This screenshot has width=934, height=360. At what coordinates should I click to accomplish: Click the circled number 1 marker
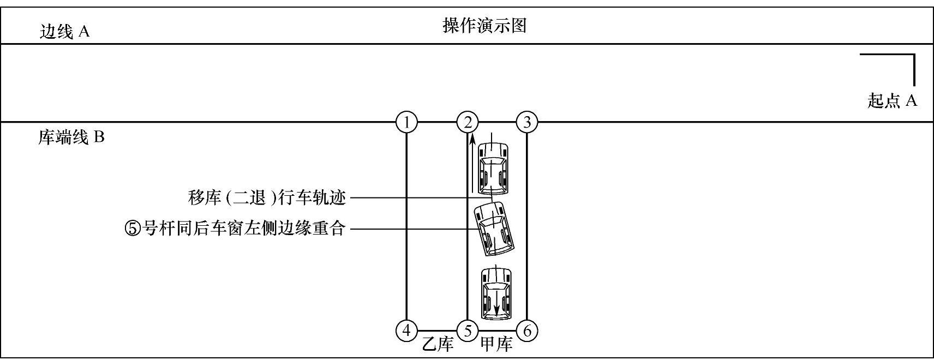[x=406, y=122]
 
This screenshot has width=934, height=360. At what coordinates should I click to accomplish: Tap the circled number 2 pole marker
[x=468, y=122]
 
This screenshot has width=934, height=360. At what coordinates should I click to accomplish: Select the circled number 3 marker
[x=527, y=122]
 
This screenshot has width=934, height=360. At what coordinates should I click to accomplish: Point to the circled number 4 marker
[x=406, y=331]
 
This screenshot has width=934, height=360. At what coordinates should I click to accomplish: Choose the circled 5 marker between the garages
[x=468, y=331]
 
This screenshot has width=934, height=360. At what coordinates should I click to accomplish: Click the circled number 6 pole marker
[x=527, y=331]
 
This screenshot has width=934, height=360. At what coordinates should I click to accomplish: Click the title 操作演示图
[x=484, y=26]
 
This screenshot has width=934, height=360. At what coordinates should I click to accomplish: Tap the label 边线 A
[x=64, y=32]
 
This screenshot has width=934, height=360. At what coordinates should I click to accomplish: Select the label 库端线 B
[x=71, y=137]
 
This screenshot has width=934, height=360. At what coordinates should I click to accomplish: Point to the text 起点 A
[x=893, y=101]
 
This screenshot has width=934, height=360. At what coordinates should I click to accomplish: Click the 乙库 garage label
[x=438, y=345]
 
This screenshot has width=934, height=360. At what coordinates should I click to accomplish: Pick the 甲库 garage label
[x=496, y=345]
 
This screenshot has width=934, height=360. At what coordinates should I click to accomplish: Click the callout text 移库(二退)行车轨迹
[x=267, y=197]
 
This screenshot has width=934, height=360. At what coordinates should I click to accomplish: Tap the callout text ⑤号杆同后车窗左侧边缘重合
[x=236, y=228]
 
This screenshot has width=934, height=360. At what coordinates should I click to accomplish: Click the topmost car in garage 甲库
[x=493, y=168]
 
